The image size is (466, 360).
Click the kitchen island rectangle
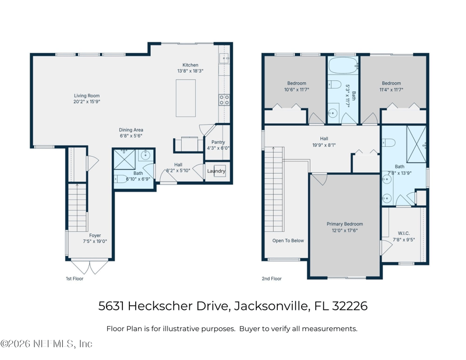[x=186, y=98]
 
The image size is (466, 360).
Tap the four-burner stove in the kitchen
[x=224, y=100]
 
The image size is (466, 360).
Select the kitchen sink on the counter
[x=224, y=59]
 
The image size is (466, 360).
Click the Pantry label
[x=218, y=142]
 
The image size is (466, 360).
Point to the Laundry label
[x=216, y=171]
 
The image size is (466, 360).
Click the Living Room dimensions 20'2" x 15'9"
[x=87, y=102]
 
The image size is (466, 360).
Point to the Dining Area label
[x=131, y=130]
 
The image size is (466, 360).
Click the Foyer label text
[x=94, y=235]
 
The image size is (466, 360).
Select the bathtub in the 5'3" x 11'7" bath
[x=343, y=64]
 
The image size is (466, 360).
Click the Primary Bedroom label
[x=344, y=224]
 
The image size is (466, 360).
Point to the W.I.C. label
[x=404, y=233]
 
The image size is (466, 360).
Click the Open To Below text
[x=288, y=241]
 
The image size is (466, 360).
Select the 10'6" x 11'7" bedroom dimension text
[x=296, y=90]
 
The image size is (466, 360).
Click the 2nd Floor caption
[x=271, y=279]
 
